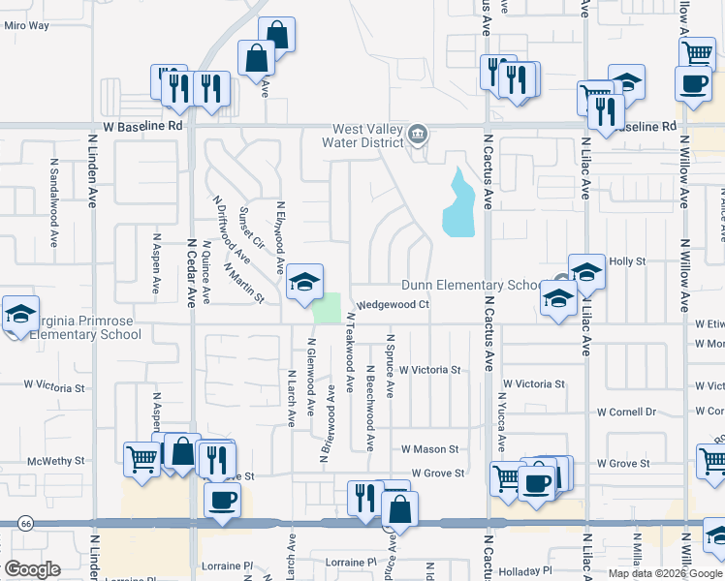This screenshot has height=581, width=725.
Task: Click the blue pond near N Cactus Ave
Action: point(459,204)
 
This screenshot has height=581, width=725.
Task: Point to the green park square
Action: point(329,308)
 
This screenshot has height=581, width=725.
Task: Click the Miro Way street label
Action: point(26,25)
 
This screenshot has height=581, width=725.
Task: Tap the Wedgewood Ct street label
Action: point(393,305)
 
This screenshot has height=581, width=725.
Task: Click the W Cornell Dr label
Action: point(626,412)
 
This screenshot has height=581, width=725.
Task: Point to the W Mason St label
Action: point(429,449)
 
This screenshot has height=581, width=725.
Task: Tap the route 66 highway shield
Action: point(20,523)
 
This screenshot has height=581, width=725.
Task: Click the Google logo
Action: point(32,569)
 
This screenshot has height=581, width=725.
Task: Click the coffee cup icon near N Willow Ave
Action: point(692,84)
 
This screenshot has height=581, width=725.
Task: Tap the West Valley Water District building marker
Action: point(418,134)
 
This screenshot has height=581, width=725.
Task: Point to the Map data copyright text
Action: point(664,573)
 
